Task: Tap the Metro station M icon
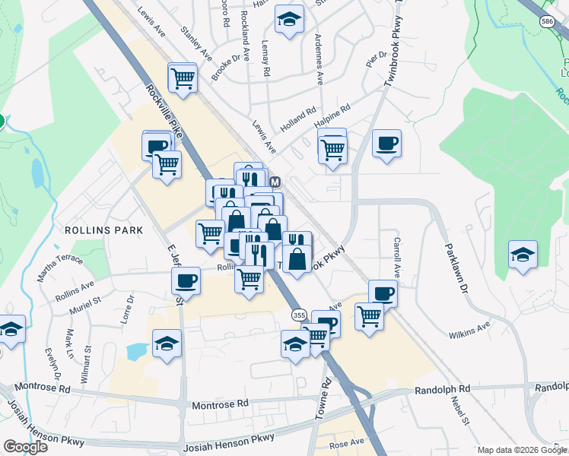click(x=275, y=182)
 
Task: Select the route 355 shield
click(x=297, y=314)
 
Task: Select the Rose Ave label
click(x=347, y=442)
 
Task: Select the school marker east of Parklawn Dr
click(x=523, y=255)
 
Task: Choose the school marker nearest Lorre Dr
click(x=167, y=344)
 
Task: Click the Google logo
click(x=25, y=447)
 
